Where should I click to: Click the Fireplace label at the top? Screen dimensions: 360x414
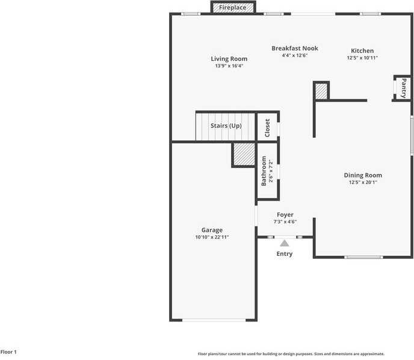[x=232, y=8]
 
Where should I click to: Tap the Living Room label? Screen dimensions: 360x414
[x=229, y=59]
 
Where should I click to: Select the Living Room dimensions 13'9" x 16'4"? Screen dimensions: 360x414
[x=229, y=66]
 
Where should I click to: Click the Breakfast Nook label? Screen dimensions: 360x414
[x=294, y=48]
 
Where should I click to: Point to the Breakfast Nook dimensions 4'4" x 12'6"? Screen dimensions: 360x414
[x=294, y=55]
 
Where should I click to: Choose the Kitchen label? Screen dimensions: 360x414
[x=362, y=51]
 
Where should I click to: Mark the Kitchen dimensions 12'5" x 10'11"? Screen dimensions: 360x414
[x=362, y=58]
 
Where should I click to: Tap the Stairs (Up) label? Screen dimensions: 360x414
[x=226, y=126]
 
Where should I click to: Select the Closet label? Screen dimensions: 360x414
[x=267, y=128]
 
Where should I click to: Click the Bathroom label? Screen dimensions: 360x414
[x=264, y=171]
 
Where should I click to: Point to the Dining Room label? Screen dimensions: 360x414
[x=362, y=175]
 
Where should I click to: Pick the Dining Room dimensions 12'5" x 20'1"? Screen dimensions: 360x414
[x=362, y=182]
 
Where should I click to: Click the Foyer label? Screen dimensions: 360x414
[x=285, y=214]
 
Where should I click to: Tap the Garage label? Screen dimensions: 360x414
[x=212, y=230]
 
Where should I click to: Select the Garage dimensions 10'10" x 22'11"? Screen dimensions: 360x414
[x=212, y=237]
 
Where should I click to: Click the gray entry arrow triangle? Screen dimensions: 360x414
[x=285, y=243]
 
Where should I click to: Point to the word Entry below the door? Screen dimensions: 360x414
[x=285, y=254]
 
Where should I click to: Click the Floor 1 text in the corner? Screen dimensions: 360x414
[x=9, y=352]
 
